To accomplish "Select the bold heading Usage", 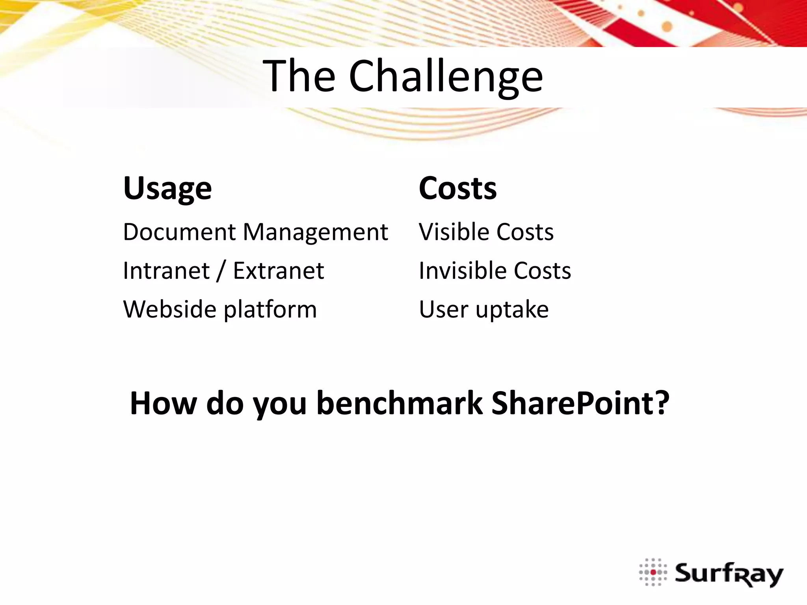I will [167, 189].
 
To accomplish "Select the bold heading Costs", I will [457, 189].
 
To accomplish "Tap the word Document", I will [179, 232].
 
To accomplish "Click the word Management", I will [315, 232].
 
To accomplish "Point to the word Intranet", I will [166, 271].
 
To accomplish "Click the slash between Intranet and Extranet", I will [221, 271].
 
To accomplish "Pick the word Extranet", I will [278, 271].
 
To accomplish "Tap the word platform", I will [270, 310].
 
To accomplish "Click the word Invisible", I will [460, 271].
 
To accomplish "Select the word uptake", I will [512, 310].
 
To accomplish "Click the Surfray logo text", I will [729, 574].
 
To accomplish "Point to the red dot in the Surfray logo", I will [653, 572].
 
